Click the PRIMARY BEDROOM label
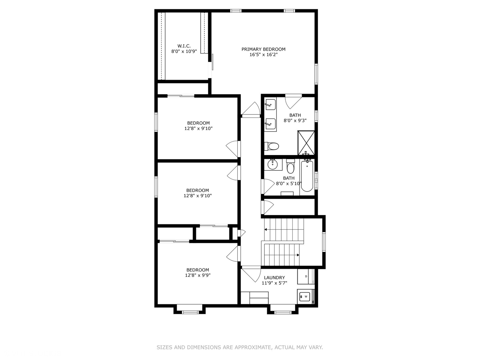[x=263, y=49]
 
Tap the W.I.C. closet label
[x=184, y=46]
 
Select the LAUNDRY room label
[x=274, y=278]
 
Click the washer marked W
[x=304, y=296]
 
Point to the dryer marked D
[x=306, y=276]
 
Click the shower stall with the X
[x=306, y=143]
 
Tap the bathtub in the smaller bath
[x=307, y=176]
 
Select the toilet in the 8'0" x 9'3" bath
[x=272, y=146]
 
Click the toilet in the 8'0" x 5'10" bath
[x=290, y=167]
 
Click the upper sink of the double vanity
[x=270, y=104]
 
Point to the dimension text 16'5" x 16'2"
[x=263, y=55]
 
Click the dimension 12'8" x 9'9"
[x=198, y=275]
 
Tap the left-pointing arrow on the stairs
[x=266, y=229]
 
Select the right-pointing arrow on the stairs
[x=298, y=255]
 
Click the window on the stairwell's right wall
[x=323, y=242]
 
